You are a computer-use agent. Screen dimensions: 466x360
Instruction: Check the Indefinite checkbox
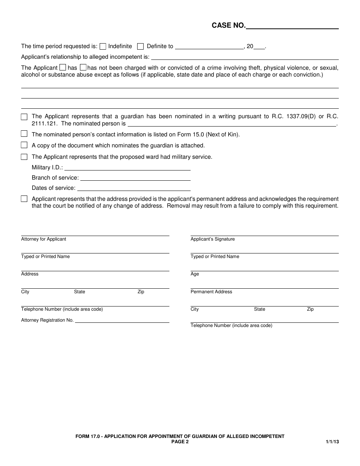103,47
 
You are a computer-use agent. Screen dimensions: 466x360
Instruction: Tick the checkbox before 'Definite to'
140,47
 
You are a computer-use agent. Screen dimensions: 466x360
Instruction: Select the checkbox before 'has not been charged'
83,67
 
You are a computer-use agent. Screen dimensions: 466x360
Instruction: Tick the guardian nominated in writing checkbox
24,117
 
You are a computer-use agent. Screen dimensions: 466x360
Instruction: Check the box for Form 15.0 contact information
24,134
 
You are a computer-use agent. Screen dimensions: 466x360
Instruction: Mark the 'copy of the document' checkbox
24,145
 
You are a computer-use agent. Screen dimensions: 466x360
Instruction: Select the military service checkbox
24,156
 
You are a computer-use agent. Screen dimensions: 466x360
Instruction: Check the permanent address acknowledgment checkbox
24,199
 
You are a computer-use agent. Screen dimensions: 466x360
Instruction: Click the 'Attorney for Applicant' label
44,239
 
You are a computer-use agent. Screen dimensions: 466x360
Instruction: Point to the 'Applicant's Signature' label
213,239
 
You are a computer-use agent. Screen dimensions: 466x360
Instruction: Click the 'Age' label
195,274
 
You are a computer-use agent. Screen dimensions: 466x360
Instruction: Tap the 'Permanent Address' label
211,292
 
